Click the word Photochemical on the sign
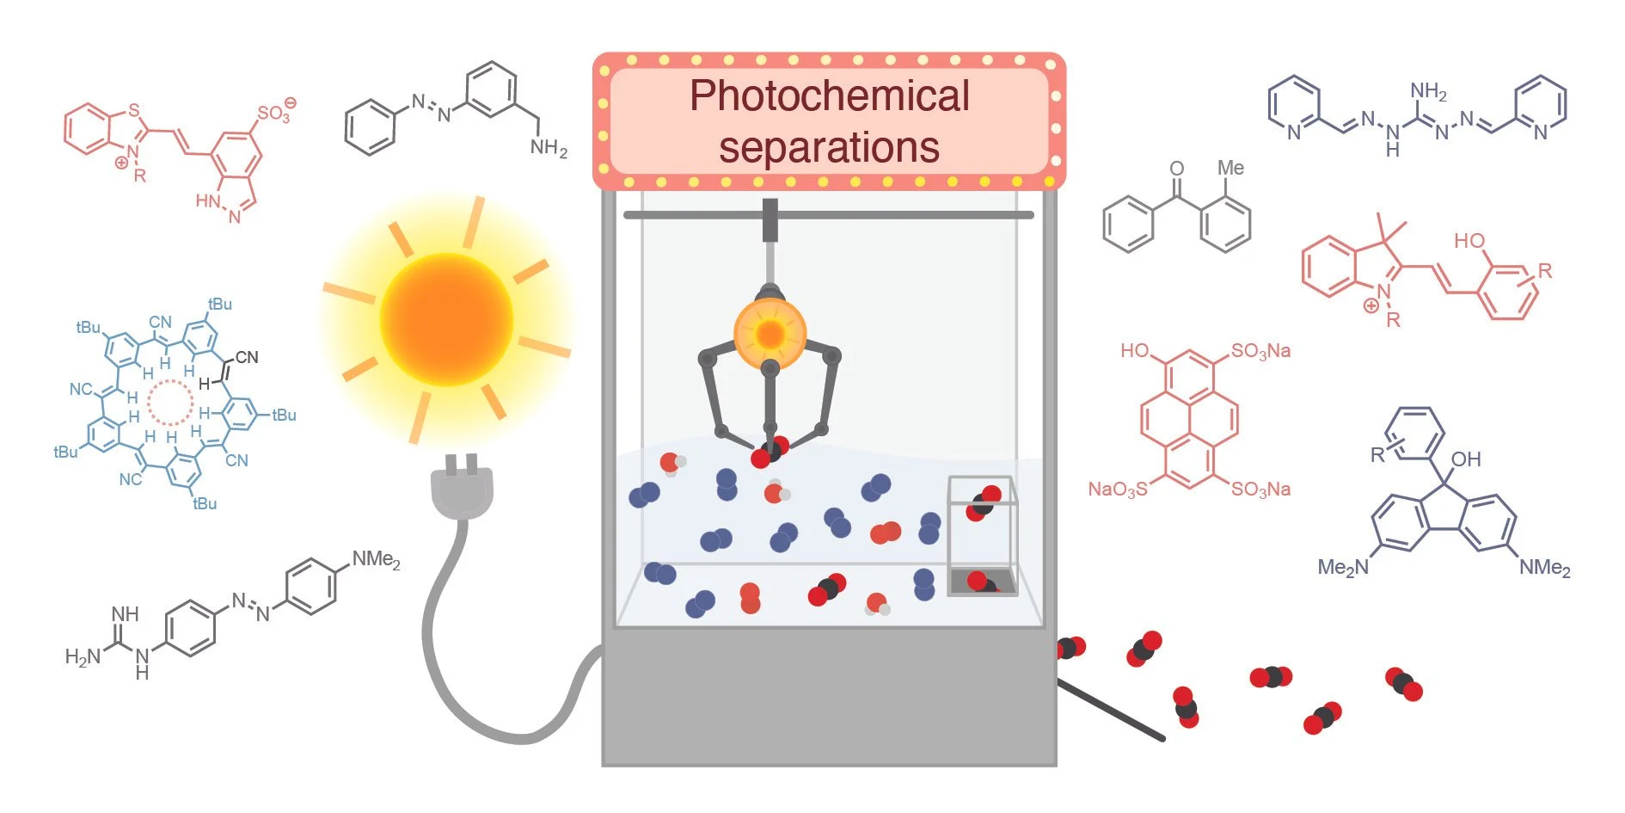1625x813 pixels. pos(829,96)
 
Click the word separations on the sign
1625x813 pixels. pos(829,147)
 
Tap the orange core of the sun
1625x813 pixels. pos(446,318)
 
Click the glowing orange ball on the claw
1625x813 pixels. pos(770,333)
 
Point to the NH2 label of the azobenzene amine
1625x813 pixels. pos(549,148)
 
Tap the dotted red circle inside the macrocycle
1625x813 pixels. pos(170,402)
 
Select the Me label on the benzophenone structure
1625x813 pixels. pos(1230,169)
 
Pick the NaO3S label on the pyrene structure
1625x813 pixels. pos(1117,490)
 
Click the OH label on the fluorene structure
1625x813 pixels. pos(1466,459)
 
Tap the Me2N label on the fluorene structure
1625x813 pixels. pos(1342,568)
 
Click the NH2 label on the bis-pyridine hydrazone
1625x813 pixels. pos(1428,91)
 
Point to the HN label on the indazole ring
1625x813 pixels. pos(208,201)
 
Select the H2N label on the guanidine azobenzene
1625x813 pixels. pos(83,657)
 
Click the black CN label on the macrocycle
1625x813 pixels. pos(247,357)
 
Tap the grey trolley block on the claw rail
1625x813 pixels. pos(770,220)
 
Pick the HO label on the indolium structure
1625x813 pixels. pos(1469,241)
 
